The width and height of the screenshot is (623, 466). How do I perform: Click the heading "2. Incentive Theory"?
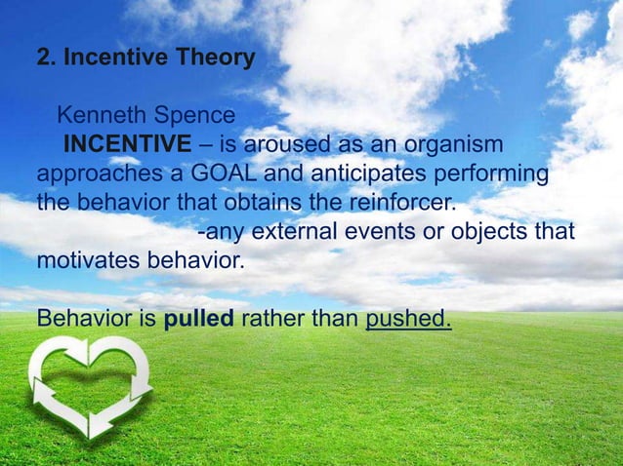tap(145, 58)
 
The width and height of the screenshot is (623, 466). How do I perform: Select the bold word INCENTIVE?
tap(128, 146)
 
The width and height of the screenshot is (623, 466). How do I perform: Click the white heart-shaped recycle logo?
tap(88, 386)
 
